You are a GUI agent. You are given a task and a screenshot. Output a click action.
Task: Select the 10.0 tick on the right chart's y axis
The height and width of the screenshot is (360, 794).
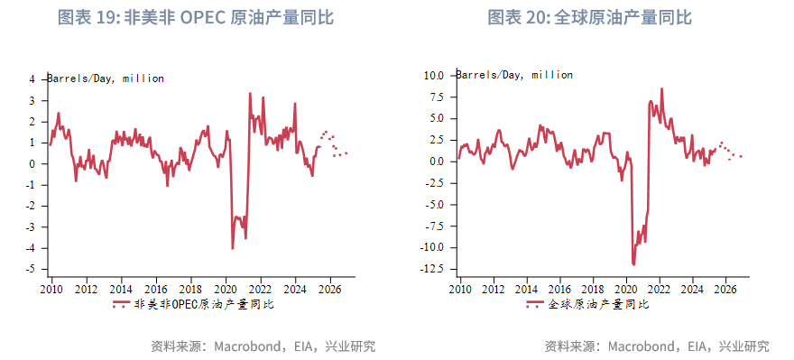[433, 76]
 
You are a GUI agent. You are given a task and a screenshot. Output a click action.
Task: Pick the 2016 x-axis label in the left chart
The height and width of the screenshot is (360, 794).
[156, 290]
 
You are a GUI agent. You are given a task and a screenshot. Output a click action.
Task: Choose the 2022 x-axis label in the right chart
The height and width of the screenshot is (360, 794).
[660, 290]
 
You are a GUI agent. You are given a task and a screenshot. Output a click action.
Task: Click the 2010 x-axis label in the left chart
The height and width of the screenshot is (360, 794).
[51, 290]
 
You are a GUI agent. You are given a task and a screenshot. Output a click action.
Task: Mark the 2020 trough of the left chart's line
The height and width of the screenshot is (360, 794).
[233, 248]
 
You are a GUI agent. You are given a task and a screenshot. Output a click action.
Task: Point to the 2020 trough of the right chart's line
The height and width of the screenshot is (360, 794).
[634, 263]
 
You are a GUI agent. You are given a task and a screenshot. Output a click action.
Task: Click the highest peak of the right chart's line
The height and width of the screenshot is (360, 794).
[661, 88]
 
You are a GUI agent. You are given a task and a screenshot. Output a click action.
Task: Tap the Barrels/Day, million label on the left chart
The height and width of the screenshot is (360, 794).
[106, 78]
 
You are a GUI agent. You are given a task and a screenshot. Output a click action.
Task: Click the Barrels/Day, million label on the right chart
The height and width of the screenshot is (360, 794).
[515, 75]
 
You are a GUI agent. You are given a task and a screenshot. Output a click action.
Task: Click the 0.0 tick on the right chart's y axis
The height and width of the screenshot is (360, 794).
[434, 162]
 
